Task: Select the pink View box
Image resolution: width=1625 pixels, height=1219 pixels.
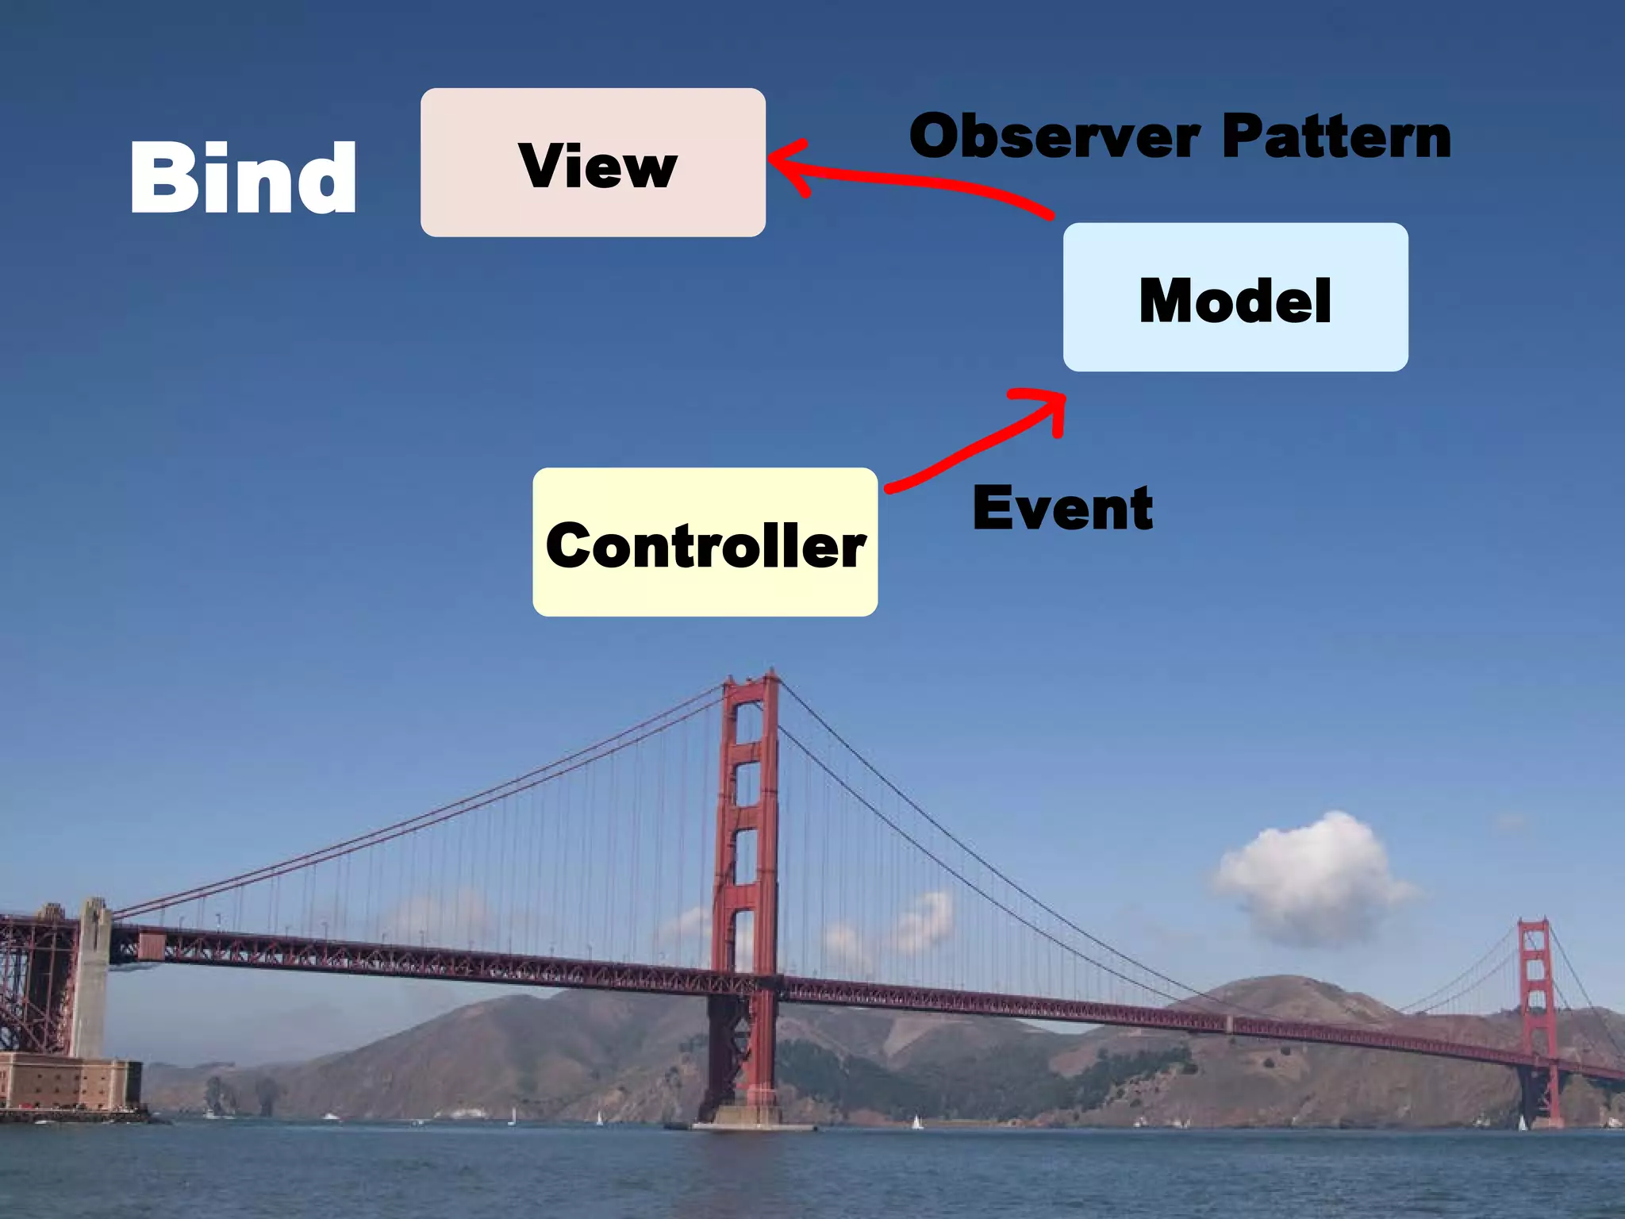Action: point(593,163)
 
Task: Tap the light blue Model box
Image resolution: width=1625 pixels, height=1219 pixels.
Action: point(1235,298)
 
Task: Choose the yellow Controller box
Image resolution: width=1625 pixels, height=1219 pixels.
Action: point(705,542)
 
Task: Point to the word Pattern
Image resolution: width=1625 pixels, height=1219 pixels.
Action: point(1336,137)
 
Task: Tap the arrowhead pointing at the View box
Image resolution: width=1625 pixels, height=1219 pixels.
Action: point(786,165)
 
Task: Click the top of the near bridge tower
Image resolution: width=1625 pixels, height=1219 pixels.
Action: point(751,683)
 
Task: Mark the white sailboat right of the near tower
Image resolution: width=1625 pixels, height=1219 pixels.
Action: point(917,1122)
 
